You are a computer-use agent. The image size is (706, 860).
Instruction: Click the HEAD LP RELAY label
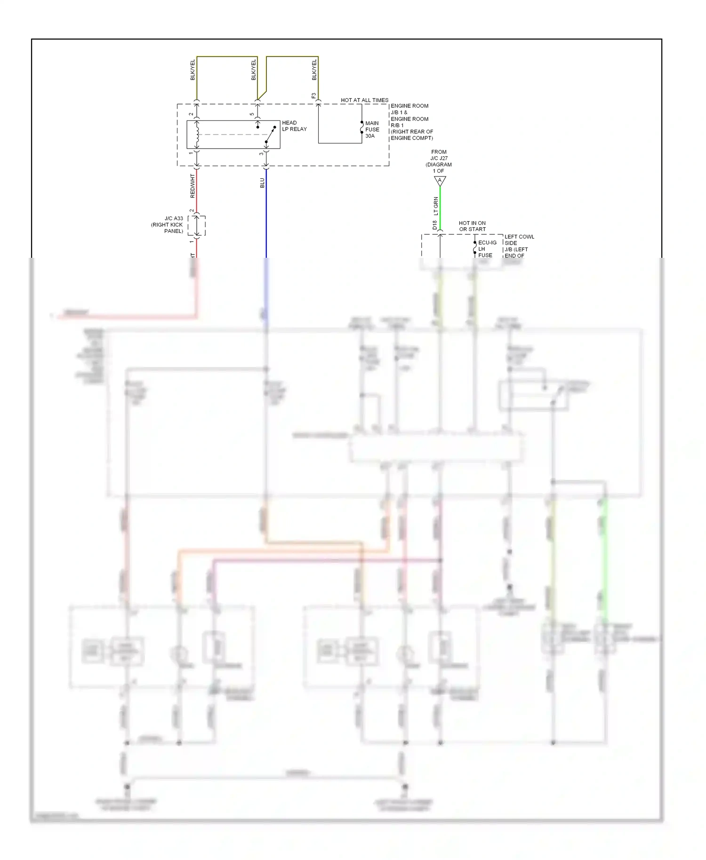294,126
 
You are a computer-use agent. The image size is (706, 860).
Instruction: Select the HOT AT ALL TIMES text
364,100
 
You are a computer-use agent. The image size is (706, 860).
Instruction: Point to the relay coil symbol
197,134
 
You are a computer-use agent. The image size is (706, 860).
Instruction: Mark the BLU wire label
262,183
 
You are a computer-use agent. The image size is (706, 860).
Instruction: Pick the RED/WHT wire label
192,186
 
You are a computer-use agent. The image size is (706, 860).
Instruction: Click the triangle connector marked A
440,181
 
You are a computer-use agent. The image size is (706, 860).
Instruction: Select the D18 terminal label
434,225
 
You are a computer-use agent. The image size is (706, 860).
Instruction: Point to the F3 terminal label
314,96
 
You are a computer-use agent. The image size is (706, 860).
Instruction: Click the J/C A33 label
174,219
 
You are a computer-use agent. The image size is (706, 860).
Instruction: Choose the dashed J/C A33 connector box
197,226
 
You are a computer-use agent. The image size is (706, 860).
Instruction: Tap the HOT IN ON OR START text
472,226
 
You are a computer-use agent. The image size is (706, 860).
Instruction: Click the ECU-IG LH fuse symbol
474,248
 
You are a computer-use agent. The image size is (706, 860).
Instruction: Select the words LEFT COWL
519,237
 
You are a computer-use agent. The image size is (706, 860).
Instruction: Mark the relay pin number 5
252,114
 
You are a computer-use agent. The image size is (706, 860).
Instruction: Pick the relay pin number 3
261,154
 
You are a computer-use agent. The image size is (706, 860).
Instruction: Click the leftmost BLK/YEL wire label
193,70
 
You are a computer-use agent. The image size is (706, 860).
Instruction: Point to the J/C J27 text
439,159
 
